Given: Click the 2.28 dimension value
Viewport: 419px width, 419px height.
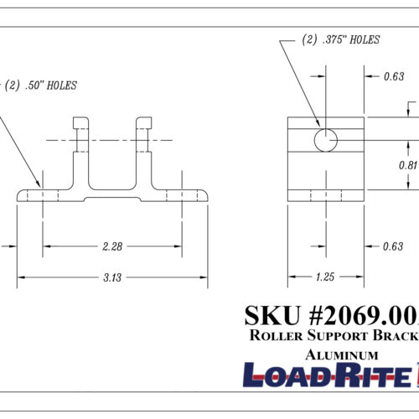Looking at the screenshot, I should (112, 246).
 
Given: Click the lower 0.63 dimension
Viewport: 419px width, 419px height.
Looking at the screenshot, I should (393, 246).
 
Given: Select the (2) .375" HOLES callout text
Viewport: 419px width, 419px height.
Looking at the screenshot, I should (340, 39).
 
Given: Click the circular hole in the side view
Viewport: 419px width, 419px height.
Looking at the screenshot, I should (326, 139).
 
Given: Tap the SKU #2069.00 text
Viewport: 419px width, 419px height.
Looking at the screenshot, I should (331, 314).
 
